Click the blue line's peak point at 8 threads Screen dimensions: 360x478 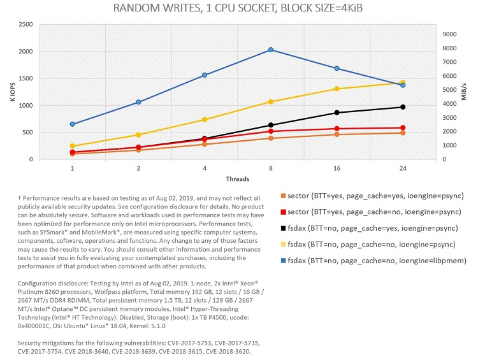[x=271, y=50]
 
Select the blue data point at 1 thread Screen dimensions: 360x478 [x=73, y=124]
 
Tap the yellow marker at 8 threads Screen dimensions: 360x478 [x=271, y=102]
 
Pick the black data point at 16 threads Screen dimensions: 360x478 [x=337, y=113]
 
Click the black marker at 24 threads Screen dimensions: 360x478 [x=403, y=107]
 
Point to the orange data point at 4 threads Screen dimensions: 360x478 [x=205, y=144]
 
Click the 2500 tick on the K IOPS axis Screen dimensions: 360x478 [x=26, y=24]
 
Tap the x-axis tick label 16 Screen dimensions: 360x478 [x=337, y=169]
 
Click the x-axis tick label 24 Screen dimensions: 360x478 [x=403, y=169]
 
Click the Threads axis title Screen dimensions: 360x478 [x=237, y=179]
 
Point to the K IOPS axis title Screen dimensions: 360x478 [x=11, y=92]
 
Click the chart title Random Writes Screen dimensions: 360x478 [x=238, y=9]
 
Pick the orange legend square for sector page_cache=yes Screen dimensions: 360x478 [x=282, y=195]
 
